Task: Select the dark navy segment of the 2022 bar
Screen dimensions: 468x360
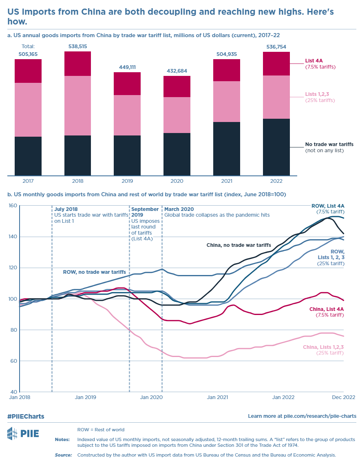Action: tap(276, 147)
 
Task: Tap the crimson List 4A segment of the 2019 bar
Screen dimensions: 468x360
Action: tap(127, 84)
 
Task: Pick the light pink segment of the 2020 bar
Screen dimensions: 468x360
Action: tap(177, 115)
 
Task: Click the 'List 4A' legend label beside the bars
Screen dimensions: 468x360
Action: tap(314, 62)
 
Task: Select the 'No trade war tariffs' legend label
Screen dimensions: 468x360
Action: tap(329, 144)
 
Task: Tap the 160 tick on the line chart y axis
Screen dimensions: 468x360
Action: tap(13, 206)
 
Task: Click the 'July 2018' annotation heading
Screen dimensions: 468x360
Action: tap(66, 209)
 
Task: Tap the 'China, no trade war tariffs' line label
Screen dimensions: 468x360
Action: tap(239, 245)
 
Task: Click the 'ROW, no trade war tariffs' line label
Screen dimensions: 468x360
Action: tap(94, 271)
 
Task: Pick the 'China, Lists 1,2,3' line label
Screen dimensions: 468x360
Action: tap(323, 347)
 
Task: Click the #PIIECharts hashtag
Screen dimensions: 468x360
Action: tap(26, 416)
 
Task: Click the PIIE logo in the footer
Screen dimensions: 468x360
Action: tap(23, 433)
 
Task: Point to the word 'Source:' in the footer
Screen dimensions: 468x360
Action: tap(64, 455)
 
